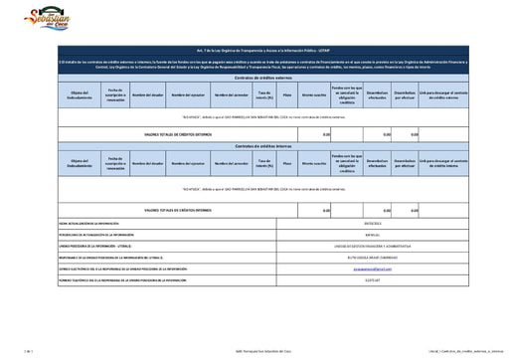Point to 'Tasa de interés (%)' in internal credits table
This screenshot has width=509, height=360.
coord(263,161)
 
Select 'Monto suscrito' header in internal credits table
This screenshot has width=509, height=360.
coord(314,161)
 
